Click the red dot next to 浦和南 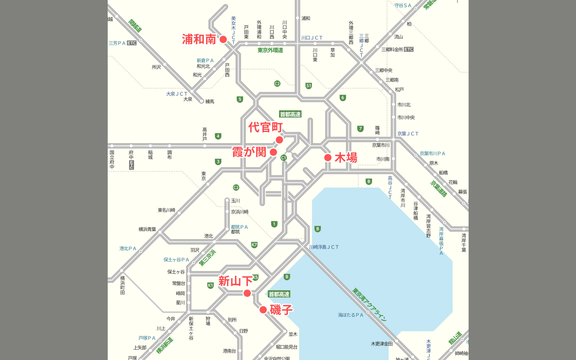pyautogui.click(x=223, y=39)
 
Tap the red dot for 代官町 pyautogui.click(x=279, y=140)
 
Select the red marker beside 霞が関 pyautogui.click(x=273, y=152)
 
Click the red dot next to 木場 pyautogui.click(x=328, y=157)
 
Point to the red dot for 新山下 pyautogui.click(x=247, y=293)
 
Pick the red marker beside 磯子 pyautogui.click(x=263, y=310)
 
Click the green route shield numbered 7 pyautogui.click(x=360, y=129)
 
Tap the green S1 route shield pyautogui.click(x=308, y=86)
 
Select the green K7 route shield pyautogui.click(x=254, y=245)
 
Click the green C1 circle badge pyautogui.click(x=283, y=157)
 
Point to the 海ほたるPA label pyautogui.click(x=350, y=315)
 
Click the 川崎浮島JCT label pyautogui.click(x=324, y=247)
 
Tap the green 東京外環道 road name pyautogui.click(x=270, y=50)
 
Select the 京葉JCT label pyautogui.click(x=407, y=134)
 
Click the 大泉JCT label pyautogui.click(x=176, y=94)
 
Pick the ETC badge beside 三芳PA pyautogui.click(x=132, y=43)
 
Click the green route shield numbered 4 pyautogui.click(x=218, y=136)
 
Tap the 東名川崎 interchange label pyautogui.click(x=166, y=210)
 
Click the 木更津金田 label pyautogui.click(x=382, y=344)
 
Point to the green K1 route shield pyautogui.click(x=210, y=285)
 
